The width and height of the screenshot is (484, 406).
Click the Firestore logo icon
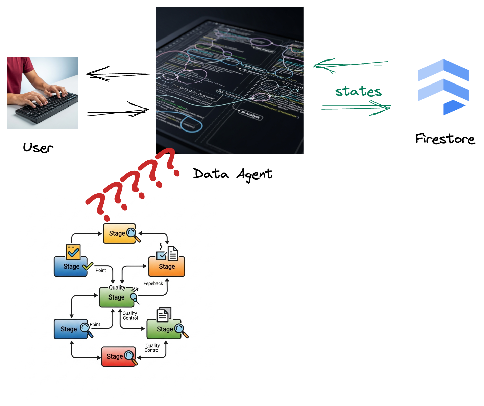(x=443, y=87)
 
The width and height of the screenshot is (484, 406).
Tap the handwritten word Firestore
(x=445, y=139)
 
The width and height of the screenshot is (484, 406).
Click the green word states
(x=358, y=91)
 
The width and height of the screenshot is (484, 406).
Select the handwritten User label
(x=38, y=147)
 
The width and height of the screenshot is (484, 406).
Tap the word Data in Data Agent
(x=211, y=174)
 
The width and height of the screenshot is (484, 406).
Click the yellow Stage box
(x=119, y=233)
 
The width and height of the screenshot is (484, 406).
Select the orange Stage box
(x=167, y=267)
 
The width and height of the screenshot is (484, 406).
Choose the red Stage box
(x=118, y=357)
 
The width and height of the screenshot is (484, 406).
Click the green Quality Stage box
(x=117, y=297)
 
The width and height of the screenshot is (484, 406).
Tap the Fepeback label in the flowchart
(x=153, y=283)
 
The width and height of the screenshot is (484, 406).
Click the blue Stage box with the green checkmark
(x=71, y=267)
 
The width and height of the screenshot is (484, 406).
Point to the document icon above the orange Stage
(x=173, y=254)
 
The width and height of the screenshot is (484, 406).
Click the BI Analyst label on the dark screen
(x=250, y=115)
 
